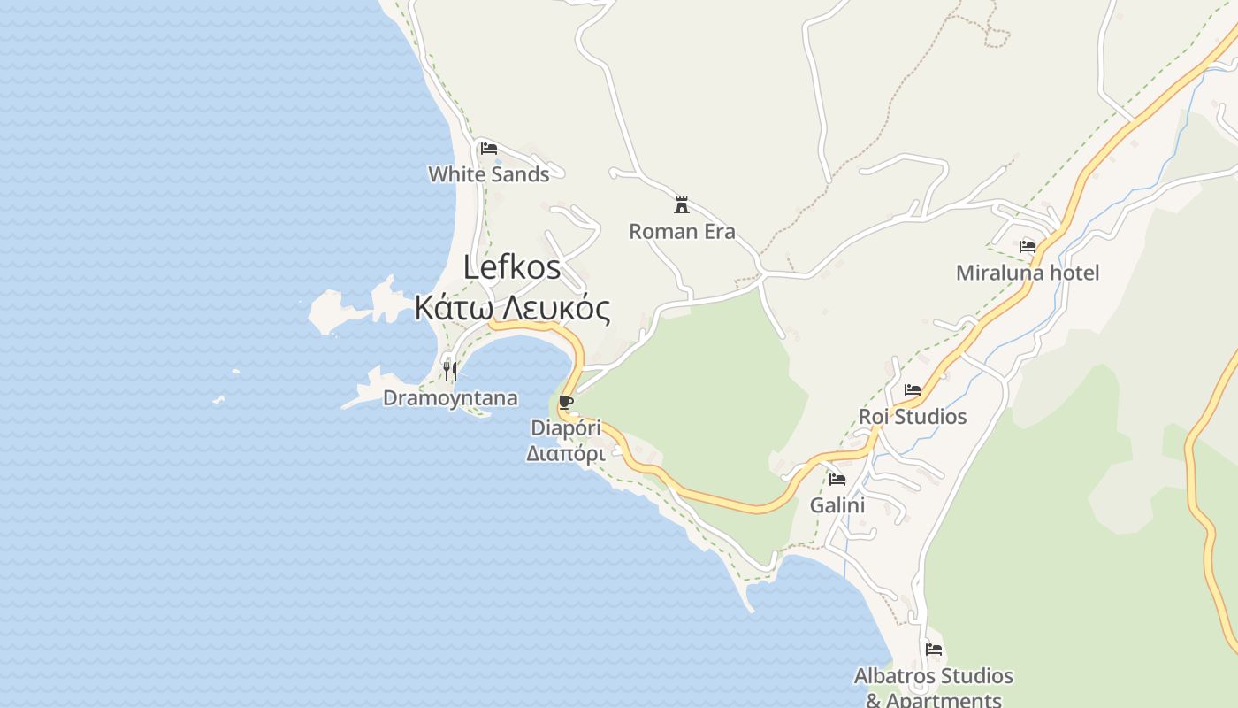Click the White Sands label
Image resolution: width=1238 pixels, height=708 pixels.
pos(488,174)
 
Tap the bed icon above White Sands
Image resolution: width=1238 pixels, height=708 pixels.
pos(488,149)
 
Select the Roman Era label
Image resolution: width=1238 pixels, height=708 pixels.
pos(682,232)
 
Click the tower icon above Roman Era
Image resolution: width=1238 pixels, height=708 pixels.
pos(682,205)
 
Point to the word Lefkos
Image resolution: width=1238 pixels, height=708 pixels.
pos(512,267)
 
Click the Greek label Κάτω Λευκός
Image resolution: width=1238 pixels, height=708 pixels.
pos(512,309)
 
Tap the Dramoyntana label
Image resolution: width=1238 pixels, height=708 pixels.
pos(450,398)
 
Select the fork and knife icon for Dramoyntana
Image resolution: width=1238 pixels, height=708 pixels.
pos(450,371)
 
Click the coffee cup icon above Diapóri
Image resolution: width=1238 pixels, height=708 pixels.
pos(566,403)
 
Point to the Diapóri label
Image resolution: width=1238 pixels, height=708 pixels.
pos(565,428)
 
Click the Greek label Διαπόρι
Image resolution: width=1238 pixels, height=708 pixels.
pos(565,454)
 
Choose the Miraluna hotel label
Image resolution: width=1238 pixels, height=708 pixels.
pos(1028,273)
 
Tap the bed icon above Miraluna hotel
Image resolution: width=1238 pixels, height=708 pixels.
pos(1028,247)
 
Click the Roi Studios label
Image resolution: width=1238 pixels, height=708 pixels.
pos(913,416)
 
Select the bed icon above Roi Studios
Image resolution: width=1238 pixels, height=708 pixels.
pos(913,390)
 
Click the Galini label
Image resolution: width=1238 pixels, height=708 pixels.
pos(837,505)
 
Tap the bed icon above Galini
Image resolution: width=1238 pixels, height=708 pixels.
pos(837,480)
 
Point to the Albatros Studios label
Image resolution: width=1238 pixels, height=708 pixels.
pos(933,676)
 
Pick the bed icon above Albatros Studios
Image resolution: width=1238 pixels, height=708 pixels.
pos(934,650)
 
